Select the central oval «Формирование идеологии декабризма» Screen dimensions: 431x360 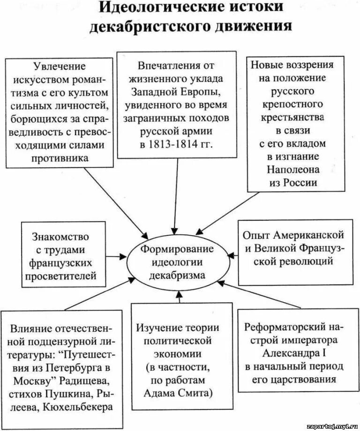tap(177, 262)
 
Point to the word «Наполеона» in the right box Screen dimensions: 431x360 tap(293, 170)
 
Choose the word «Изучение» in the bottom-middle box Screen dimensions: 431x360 tap(157, 327)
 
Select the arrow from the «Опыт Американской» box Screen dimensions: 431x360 tap(233, 255)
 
